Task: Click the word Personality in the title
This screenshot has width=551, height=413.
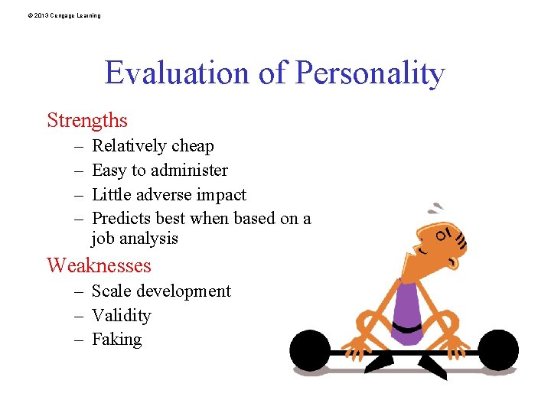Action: [370, 73]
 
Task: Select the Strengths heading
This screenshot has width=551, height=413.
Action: [87, 120]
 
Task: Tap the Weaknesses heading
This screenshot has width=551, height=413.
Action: [99, 265]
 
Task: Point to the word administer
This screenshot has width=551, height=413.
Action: [187, 171]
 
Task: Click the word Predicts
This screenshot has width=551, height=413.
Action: [121, 219]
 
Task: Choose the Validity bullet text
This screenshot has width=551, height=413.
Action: [122, 316]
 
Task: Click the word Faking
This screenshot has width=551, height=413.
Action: [117, 340]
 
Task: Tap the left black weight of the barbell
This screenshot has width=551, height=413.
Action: [311, 351]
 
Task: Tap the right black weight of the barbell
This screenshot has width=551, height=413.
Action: [497, 351]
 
